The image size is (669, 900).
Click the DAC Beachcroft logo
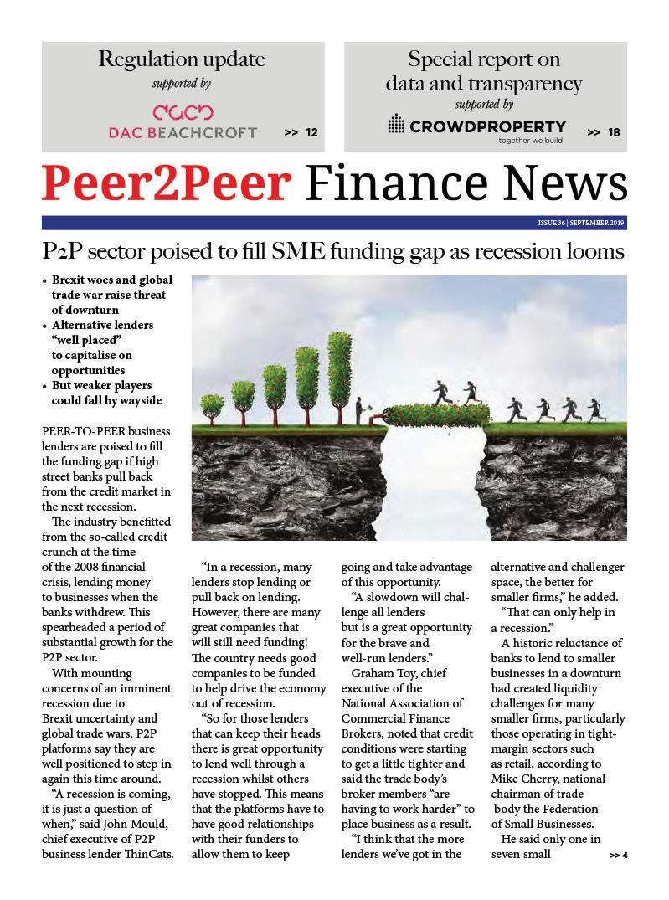tap(182, 122)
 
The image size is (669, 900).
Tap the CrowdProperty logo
tap(476, 126)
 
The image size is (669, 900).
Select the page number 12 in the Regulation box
tap(311, 132)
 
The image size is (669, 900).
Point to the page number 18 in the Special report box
tap(614, 132)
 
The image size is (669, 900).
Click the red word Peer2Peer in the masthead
tap(168, 183)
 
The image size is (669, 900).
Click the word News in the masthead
tap(560, 183)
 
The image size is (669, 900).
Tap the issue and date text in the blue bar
tap(581, 224)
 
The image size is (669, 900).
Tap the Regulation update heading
tap(182, 59)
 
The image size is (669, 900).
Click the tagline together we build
tap(531, 141)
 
